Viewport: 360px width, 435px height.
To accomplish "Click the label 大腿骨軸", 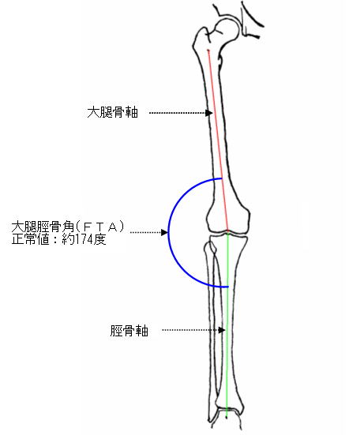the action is [x=113, y=113].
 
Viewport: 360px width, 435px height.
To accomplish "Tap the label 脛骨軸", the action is [x=129, y=331].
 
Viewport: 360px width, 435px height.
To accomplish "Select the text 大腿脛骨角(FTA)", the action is [x=68, y=227].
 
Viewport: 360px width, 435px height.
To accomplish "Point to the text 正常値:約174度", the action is [x=58, y=239].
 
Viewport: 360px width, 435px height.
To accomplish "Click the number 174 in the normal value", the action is [x=84, y=239].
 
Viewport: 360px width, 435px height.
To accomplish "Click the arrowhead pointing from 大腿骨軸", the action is [x=209, y=113].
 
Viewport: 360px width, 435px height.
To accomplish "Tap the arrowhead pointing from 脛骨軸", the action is [x=222, y=330].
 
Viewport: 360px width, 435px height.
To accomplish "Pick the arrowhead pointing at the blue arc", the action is [x=164, y=232].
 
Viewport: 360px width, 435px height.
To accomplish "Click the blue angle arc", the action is [x=169, y=232].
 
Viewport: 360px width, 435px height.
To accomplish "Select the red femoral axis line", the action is [x=218, y=141].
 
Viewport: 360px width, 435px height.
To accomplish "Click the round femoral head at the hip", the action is [x=227, y=30].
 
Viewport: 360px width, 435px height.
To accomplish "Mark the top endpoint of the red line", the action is [x=208, y=51].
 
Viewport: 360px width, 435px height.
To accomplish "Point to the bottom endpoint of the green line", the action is [x=227, y=417].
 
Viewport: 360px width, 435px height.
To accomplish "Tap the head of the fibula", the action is [x=210, y=247].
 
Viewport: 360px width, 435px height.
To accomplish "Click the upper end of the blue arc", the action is [x=222, y=178].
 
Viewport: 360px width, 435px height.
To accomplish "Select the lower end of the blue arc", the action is [x=227, y=287].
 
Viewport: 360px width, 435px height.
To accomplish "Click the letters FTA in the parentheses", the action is [x=100, y=227].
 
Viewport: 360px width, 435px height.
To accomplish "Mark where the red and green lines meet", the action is [x=227, y=232].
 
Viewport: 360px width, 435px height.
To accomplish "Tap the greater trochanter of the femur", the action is [x=201, y=38].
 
